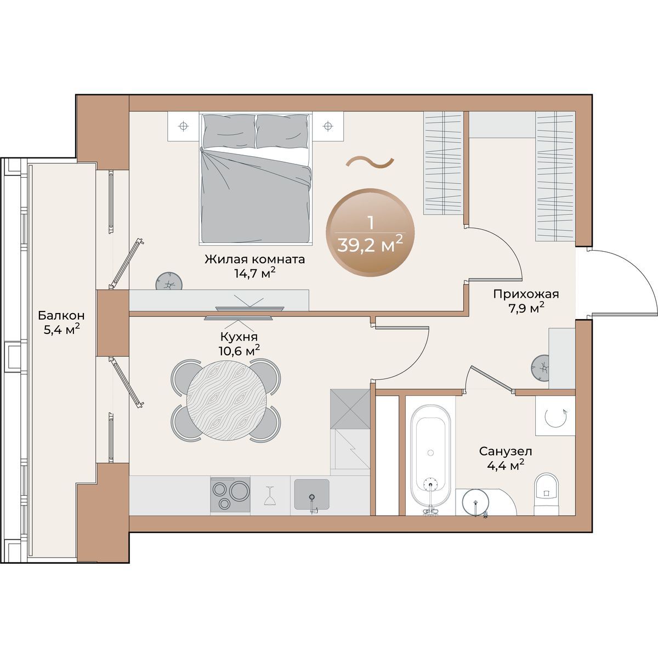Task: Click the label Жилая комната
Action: point(255,259)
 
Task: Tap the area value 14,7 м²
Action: point(255,274)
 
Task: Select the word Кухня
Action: point(239,337)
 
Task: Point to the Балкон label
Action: point(61,315)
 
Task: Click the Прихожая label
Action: point(526,294)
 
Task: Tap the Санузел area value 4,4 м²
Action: point(506,466)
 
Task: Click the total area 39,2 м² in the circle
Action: point(371,245)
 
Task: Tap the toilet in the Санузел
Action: point(546,495)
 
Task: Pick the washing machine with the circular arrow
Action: point(555,416)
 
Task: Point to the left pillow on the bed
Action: point(229,131)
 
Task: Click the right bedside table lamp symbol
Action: point(328,126)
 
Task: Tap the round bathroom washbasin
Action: point(475,503)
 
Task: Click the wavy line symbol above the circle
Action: point(370,162)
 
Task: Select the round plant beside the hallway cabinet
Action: point(540,368)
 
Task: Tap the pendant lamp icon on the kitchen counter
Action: point(270,496)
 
